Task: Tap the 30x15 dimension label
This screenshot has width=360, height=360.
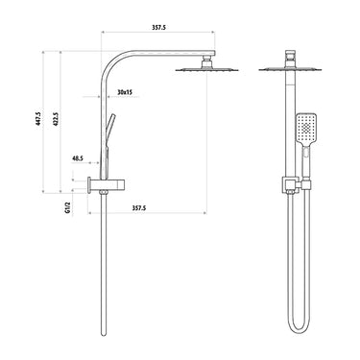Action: [124, 92]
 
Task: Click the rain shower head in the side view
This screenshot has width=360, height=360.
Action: [204, 70]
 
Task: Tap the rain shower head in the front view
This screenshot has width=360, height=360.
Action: [286, 69]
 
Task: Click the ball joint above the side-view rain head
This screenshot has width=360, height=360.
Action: [204, 61]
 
